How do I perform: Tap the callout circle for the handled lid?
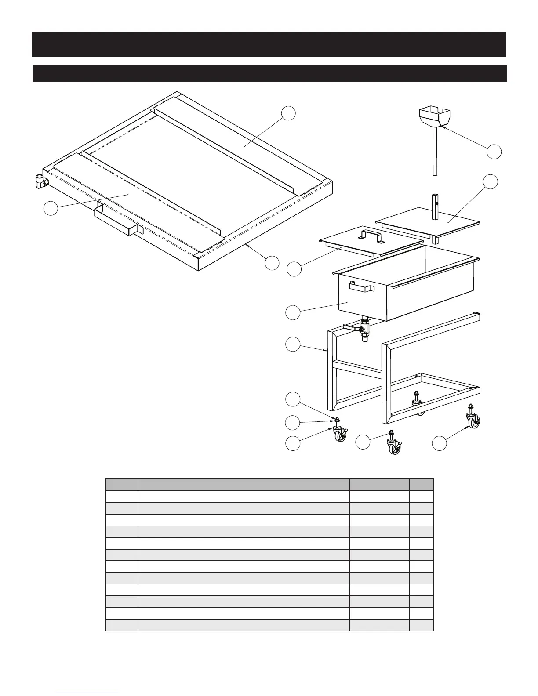tap(294, 269)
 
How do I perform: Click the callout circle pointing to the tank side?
tap(293, 312)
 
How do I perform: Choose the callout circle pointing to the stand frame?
tap(293, 344)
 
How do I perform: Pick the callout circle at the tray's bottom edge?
tap(272, 263)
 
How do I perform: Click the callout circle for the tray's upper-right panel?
tap(288, 113)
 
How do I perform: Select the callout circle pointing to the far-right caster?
tap(439, 443)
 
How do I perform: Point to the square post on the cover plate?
tap(436, 206)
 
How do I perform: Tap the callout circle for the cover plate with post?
tap(490, 181)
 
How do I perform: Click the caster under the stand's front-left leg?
tap(340, 434)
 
